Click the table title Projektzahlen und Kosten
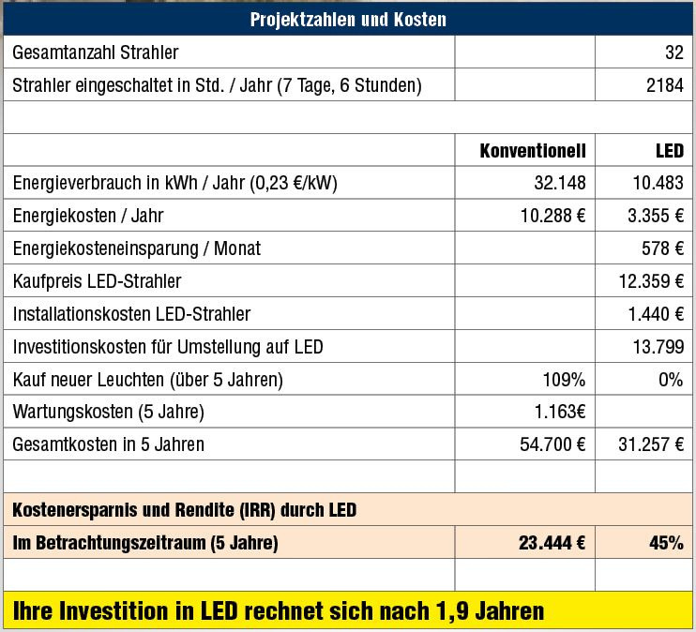coord(348,19)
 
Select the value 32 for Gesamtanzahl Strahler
coord(673,53)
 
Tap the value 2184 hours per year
coord(663,86)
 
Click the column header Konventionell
coord(532,150)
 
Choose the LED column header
coord(669,150)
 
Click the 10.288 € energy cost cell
coord(552,216)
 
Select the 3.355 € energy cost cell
coord(655,216)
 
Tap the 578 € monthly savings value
coord(664,248)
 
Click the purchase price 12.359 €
coord(651,281)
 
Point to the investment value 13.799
coord(658,347)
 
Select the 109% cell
coord(565,380)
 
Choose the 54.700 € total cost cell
coord(552,444)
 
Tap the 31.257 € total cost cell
coord(651,444)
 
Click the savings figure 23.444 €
coord(552,542)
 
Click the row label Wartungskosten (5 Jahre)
coord(109,412)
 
